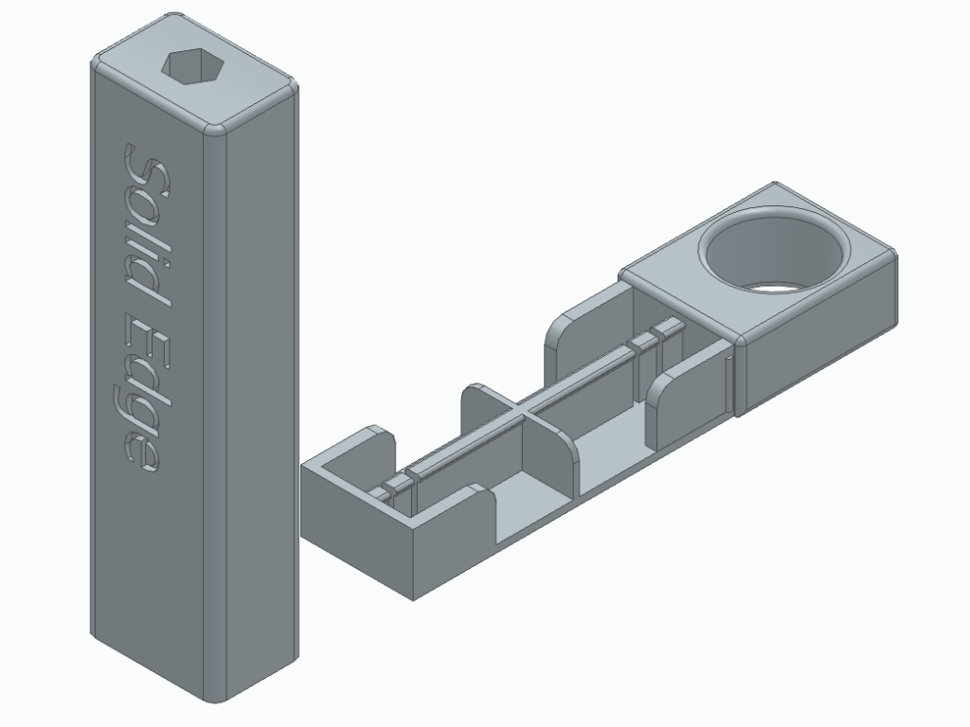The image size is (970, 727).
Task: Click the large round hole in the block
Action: click(771, 250)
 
